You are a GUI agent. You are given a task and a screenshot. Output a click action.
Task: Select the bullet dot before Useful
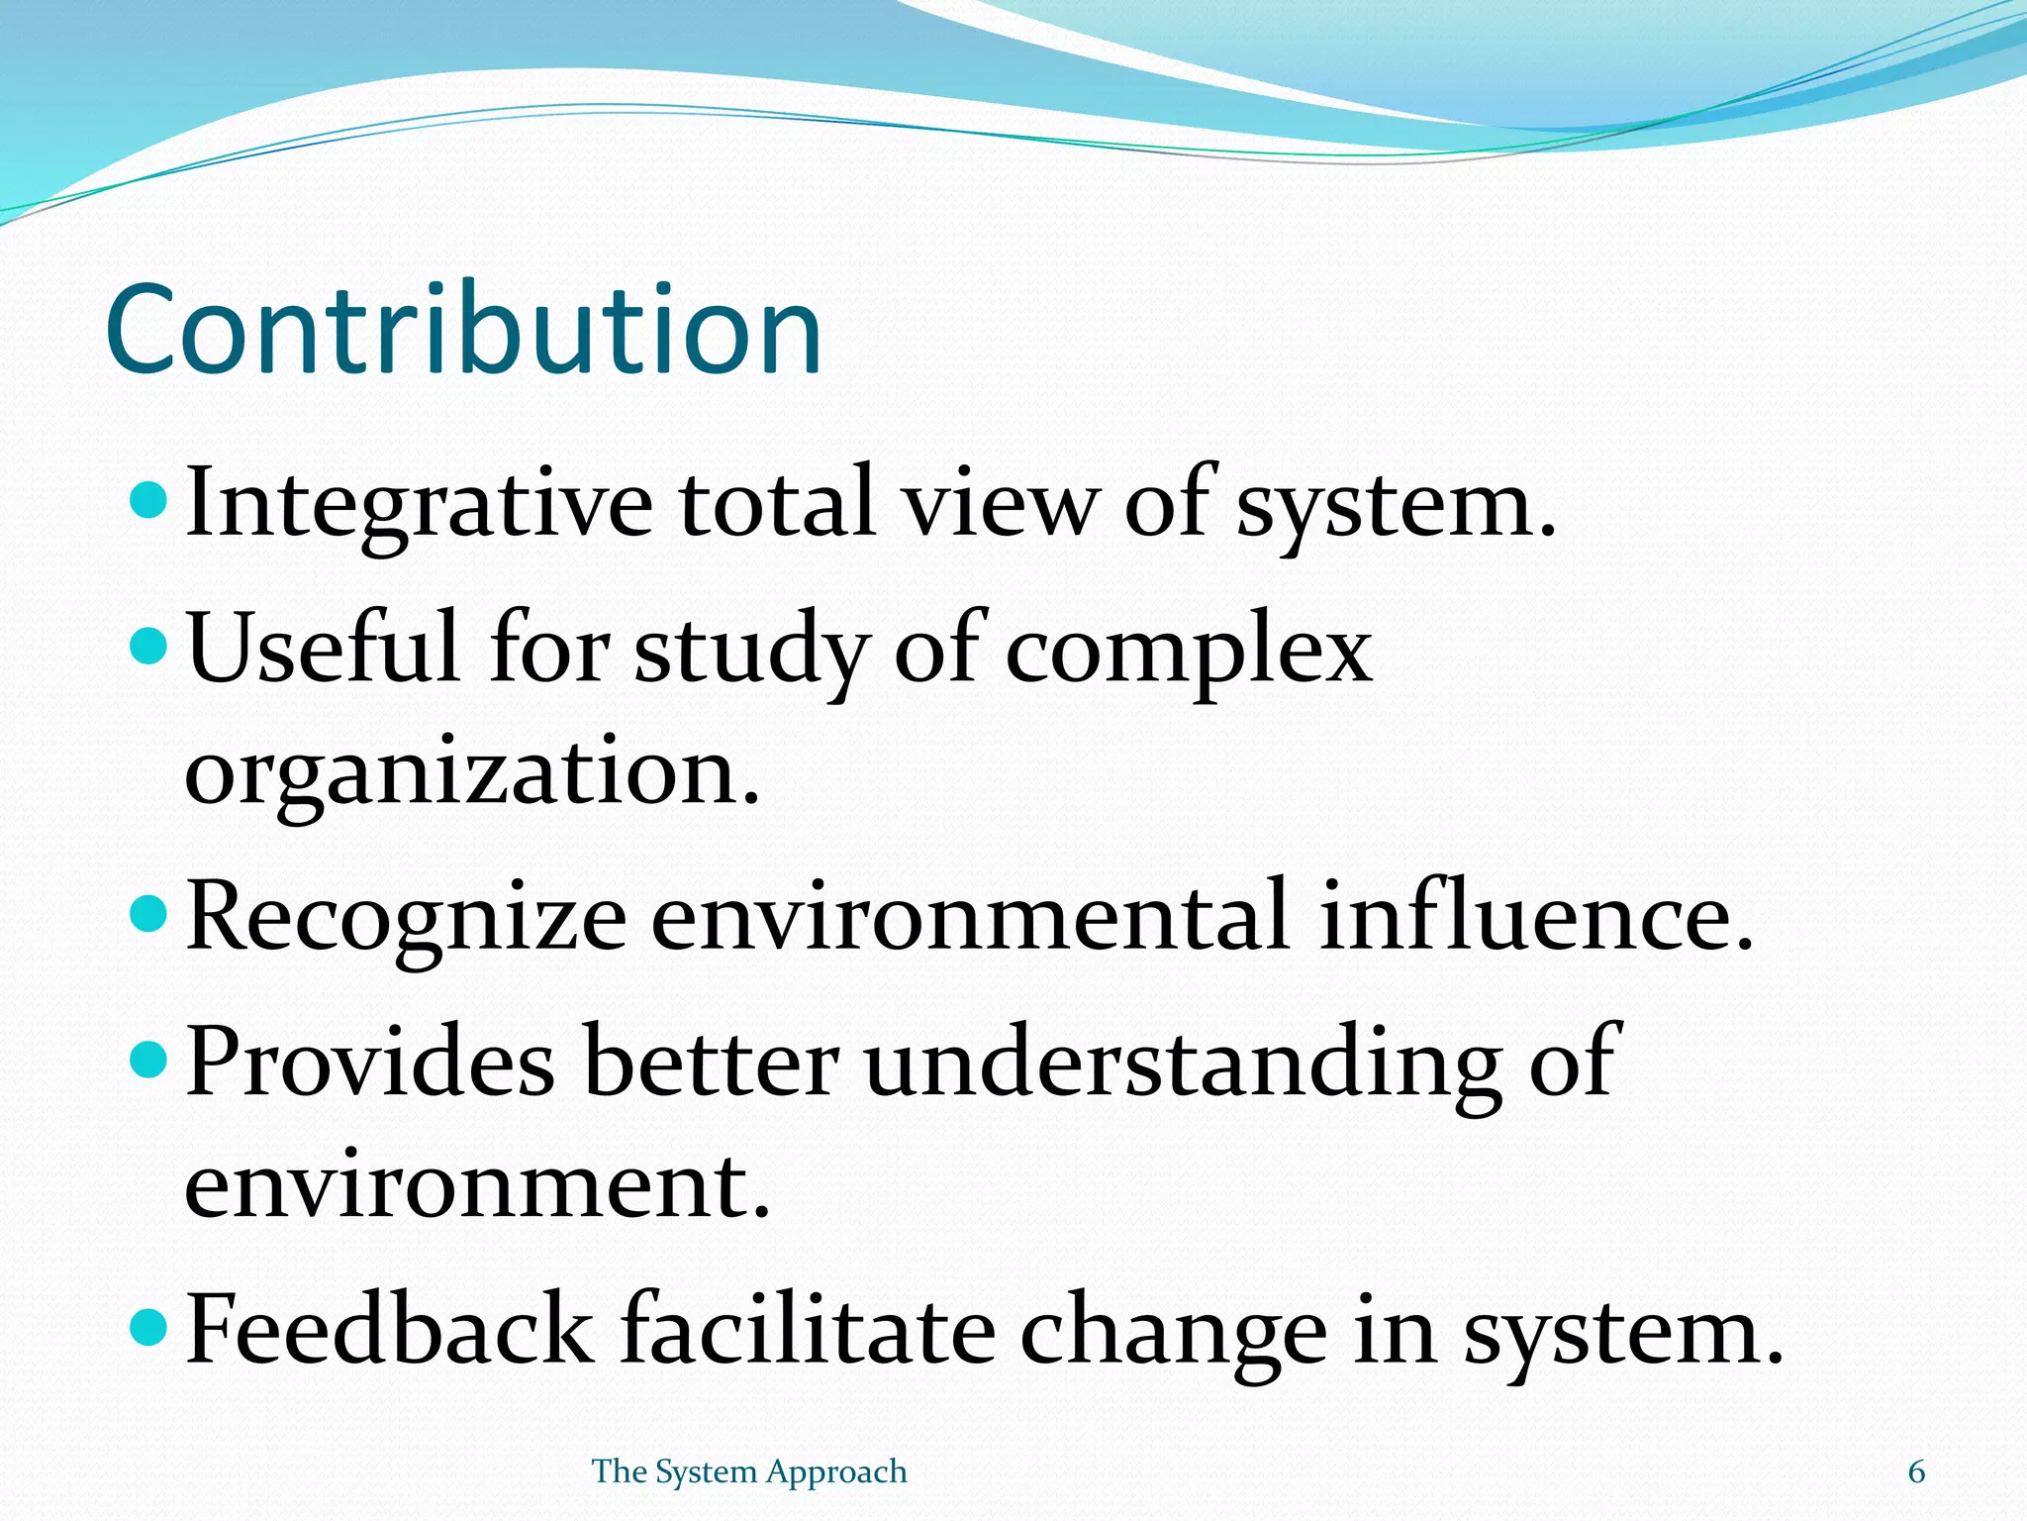[149, 648]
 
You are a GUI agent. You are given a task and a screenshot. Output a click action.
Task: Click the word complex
[1189, 652]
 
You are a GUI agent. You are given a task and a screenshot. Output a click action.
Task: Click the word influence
[1536, 916]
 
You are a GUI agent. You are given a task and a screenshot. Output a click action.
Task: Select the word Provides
[370, 1062]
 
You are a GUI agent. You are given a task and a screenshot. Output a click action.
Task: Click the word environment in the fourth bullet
[476, 1185]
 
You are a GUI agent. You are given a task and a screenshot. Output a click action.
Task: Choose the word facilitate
[808, 1328]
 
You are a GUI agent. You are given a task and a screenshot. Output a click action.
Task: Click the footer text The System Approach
[749, 1471]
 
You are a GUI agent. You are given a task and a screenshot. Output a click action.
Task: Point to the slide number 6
[1916, 1472]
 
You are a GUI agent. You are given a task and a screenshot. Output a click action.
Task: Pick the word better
[711, 1062]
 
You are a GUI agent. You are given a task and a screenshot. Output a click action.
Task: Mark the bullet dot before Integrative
[149, 500]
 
